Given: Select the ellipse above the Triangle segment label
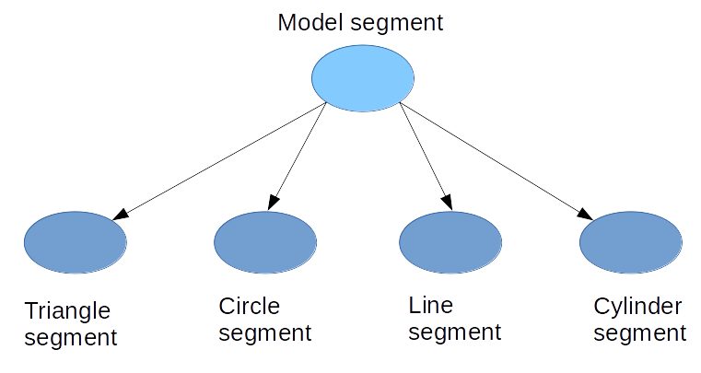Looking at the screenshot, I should coord(75,243).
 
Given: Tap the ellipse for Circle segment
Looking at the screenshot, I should coord(265,243).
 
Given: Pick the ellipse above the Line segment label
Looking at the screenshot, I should coord(450,243).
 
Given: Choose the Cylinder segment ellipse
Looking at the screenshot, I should coord(631,243).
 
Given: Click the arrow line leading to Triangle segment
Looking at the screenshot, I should coord(221,161).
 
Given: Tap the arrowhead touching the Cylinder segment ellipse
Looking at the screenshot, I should coord(585,214).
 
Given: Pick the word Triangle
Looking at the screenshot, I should coord(67,311).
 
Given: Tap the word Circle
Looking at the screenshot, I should coord(249,305).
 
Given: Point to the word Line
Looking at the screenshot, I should coord(430,304).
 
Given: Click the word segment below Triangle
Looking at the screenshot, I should coord(71,338).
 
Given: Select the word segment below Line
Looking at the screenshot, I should coord(454,332).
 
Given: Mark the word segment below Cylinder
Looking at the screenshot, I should coord(640,333).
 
